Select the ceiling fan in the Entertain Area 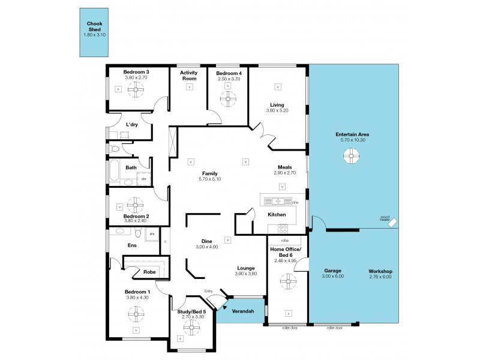350,157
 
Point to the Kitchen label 276,214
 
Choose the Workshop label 380,271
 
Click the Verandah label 244,311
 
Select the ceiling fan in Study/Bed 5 191,327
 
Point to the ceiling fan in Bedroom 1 133,311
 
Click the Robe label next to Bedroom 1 150,272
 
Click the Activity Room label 190,75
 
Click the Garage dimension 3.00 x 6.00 332,277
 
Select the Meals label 284,167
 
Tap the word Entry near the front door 208,292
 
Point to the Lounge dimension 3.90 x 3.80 246,274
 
